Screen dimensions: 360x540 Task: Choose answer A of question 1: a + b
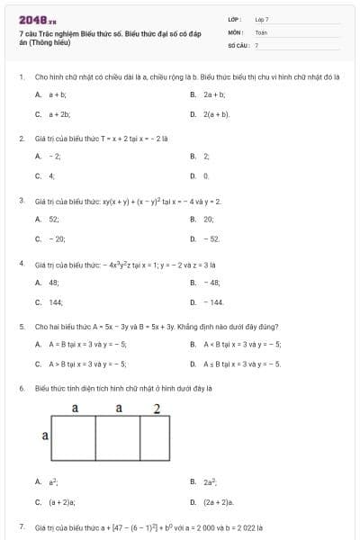tap(57, 94)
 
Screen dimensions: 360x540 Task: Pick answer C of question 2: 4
tap(51, 176)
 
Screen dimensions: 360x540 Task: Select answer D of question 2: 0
tap(206, 176)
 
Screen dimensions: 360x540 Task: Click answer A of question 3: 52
tap(54, 219)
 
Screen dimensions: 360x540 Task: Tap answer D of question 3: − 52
tap(211, 238)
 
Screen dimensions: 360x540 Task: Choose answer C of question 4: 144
tap(56, 302)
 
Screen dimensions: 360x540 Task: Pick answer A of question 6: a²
tap(52, 481)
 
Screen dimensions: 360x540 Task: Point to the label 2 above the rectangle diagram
tap(157, 409)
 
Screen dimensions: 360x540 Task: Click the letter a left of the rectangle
tap(45, 436)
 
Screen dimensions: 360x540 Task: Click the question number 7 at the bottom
tap(22, 526)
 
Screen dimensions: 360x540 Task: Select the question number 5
tap(22, 327)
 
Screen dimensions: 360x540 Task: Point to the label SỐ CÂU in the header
tap(238, 44)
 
